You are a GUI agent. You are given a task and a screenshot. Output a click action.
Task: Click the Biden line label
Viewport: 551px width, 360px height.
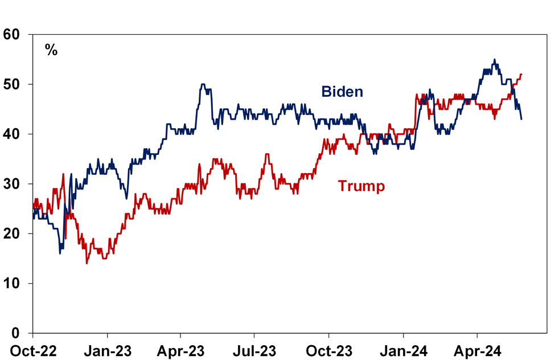(342, 91)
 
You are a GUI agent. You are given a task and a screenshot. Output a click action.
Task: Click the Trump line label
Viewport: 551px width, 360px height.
(361, 186)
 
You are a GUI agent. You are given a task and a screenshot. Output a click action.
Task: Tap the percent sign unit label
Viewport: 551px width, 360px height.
(51, 50)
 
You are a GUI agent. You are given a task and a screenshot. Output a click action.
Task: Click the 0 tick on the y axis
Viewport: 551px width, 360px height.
(17, 333)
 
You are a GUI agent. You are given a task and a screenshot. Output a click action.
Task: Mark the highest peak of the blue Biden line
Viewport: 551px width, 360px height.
(494, 59)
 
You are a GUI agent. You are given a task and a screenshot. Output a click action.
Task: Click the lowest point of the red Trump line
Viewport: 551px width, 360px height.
(87, 263)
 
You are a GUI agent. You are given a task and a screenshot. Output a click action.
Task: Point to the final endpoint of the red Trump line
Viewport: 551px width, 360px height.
(521, 74)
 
